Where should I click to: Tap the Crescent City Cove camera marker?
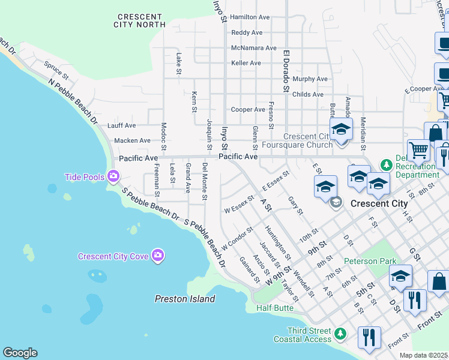click(x=158, y=256)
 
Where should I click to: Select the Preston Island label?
click(x=185, y=299)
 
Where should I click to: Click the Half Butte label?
click(x=275, y=308)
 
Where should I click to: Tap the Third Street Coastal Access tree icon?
click(x=340, y=332)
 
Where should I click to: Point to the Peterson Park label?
click(x=370, y=262)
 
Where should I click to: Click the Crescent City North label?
click(x=139, y=20)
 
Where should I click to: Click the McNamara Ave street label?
click(x=253, y=48)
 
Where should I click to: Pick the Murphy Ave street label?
click(x=310, y=79)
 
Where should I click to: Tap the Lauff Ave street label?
click(x=121, y=126)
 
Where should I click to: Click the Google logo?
click(x=20, y=353)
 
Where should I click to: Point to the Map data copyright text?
click(x=423, y=355)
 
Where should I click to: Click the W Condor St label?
click(x=238, y=238)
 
